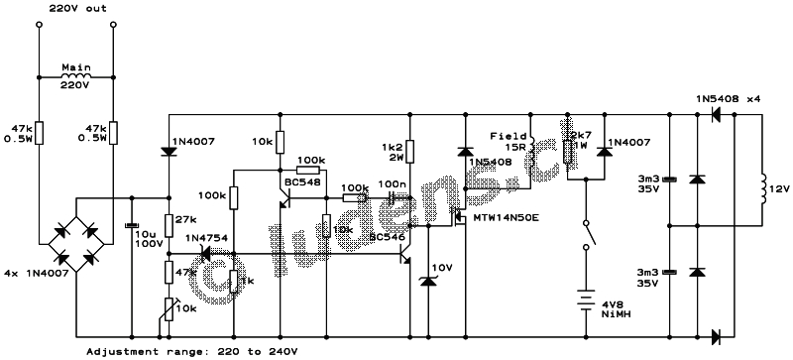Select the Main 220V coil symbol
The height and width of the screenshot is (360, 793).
coord(75,75)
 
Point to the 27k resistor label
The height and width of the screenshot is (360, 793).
coord(184,220)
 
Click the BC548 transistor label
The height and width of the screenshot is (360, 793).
coord(300,182)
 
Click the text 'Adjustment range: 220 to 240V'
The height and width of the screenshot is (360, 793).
coord(191,351)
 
